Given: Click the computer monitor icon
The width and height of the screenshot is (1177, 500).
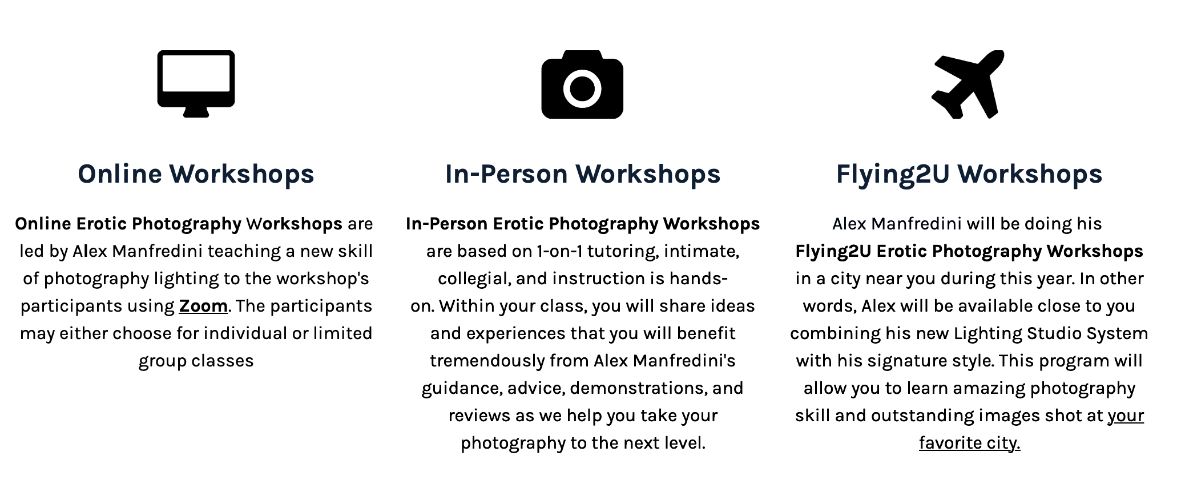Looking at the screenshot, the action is [x=196, y=83].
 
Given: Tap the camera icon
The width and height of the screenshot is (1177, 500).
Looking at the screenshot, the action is [x=582, y=84].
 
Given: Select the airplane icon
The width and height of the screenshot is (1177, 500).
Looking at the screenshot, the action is [x=968, y=84].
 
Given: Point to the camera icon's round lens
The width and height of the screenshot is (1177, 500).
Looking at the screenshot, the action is [x=582, y=88].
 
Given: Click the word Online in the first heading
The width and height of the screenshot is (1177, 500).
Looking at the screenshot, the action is [x=120, y=174].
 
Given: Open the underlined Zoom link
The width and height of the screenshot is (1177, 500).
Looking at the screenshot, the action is [x=203, y=307].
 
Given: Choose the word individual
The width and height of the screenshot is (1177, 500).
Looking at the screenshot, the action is [x=245, y=334].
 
